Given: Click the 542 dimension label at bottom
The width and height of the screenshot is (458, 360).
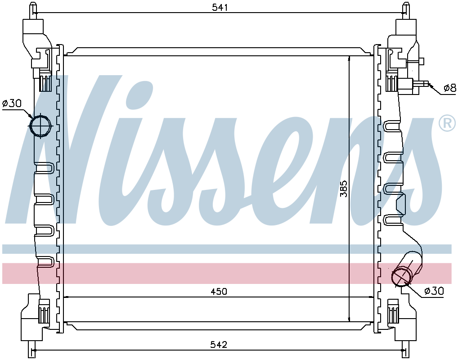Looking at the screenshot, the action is click(219, 345).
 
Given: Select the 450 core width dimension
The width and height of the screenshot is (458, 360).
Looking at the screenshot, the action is click(219, 291).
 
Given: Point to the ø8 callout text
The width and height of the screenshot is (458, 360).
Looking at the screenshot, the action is click(449, 88).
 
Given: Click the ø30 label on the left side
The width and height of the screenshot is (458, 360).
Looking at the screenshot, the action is click(12, 103).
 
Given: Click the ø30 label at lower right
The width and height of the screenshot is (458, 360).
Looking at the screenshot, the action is click(434, 291).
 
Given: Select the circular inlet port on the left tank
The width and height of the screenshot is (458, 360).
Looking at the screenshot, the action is click(40, 126).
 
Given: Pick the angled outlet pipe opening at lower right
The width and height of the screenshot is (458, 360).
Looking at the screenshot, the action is click(401, 276).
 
